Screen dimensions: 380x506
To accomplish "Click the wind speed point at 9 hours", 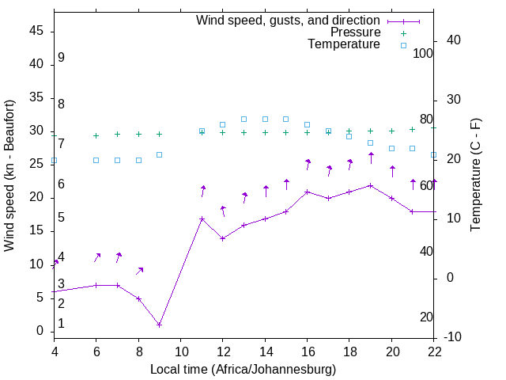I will (x=159, y=325).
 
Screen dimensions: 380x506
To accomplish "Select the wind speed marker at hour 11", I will (x=202, y=218).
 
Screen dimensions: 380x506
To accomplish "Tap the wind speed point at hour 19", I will (x=370, y=185).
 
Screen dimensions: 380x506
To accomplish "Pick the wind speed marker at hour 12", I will (x=223, y=238).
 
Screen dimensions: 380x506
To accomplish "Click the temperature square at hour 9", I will (x=159, y=154).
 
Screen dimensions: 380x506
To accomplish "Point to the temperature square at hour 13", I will (x=244, y=119).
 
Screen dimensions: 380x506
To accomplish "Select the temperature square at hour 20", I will (x=391, y=148).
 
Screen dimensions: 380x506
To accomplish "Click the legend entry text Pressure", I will (x=355, y=32).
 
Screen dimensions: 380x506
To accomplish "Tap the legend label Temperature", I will (x=344, y=44).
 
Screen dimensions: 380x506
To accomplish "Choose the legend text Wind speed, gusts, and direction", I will (x=288, y=20).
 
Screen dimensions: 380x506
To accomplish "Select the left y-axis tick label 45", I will (x=36, y=31).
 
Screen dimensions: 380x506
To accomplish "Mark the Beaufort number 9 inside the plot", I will (x=61, y=58).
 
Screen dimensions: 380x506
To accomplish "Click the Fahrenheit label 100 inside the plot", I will (x=423, y=53).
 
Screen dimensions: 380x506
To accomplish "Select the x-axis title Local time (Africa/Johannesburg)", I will (x=243, y=369).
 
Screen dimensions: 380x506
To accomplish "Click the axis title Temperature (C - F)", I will (x=475, y=175).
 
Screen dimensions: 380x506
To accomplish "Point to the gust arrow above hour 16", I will (x=308, y=165).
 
